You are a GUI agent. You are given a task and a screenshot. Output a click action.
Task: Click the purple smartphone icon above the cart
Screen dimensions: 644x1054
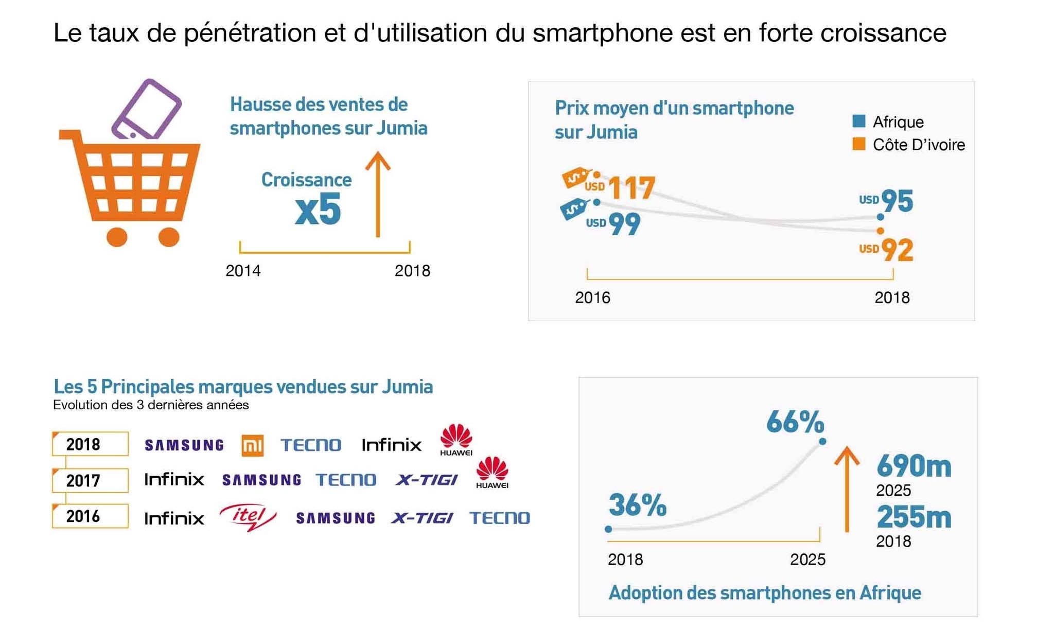coord(147,109)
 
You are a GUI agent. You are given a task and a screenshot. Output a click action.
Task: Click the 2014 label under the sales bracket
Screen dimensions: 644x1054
coord(243,271)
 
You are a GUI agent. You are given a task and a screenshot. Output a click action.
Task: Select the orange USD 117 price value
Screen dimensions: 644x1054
coord(631,188)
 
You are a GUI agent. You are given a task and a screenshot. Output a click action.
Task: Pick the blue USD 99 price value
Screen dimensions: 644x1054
coord(624,224)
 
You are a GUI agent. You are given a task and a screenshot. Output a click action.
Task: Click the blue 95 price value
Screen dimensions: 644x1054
coord(897,201)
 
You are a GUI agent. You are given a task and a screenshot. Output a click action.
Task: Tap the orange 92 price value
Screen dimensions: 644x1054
coord(897,250)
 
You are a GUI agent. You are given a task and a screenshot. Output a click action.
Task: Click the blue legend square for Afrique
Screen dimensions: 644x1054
coord(858,121)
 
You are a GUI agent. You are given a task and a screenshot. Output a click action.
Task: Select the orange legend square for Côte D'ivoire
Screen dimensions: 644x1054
coord(858,144)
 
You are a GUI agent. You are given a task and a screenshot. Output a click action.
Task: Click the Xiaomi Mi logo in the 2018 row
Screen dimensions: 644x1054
coord(252,445)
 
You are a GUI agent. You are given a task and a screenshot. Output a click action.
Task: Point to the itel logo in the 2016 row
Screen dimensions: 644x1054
coord(248,517)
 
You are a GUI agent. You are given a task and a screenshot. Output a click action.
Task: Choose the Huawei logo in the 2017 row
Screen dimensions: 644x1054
coord(492,472)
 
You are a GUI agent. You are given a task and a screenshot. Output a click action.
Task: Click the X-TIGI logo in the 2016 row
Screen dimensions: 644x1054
coord(422,518)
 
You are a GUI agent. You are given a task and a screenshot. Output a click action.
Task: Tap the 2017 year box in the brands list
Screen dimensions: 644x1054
coord(90,480)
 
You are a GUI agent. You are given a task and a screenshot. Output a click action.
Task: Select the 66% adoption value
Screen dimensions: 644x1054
coord(795,422)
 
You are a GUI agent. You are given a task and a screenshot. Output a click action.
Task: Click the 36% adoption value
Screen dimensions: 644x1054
coord(638,504)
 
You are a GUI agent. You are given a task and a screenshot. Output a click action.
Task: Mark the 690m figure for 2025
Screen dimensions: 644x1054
coord(914,466)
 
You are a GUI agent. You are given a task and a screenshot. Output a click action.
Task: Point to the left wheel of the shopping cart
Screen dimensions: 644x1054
coord(117,237)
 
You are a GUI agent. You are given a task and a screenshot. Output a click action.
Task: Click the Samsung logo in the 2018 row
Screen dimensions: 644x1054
coord(184,445)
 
